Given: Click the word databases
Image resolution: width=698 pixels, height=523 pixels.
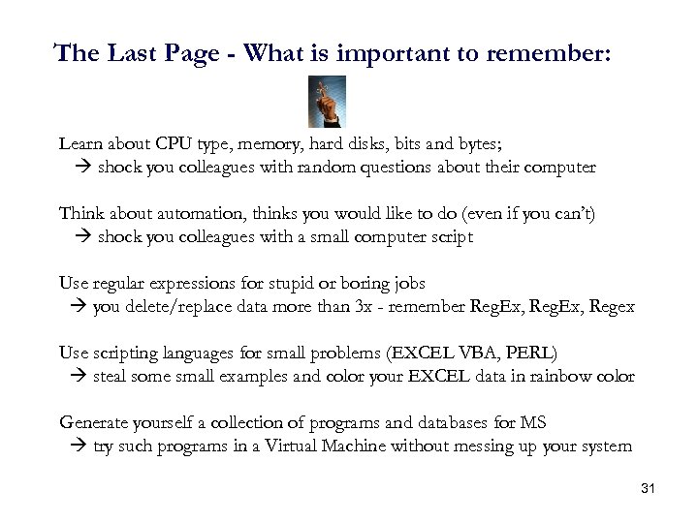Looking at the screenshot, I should point(432,423).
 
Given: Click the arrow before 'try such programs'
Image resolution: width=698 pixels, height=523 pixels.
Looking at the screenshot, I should point(79,446).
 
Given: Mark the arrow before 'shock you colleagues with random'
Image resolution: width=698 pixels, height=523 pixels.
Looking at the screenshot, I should point(83,167).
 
